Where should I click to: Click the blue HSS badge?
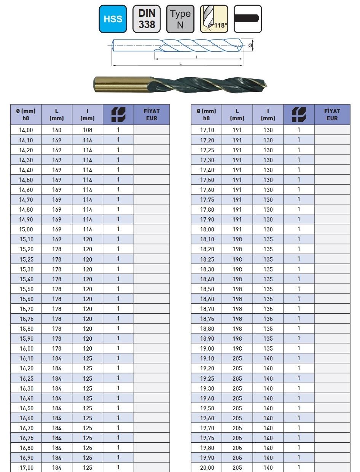[x=113, y=19]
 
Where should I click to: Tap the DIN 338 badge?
[x=147, y=19]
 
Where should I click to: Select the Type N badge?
[x=180, y=19]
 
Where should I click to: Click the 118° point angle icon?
[x=214, y=19]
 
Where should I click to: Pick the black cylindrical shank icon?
[x=247, y=19]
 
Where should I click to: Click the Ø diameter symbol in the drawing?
[x=250, y=45]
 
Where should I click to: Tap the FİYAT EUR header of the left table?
[x=151, y=115]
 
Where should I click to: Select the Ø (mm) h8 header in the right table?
[x=206, y=115]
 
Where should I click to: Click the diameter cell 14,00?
[x=26, y=130]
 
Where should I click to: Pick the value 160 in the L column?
[x=57, y=130]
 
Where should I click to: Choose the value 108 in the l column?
[x=88, y=130]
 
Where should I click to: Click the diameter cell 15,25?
[x=26, y=259]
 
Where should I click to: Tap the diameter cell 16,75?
[x=26, y=438]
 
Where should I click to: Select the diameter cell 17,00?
[x=26, y=467]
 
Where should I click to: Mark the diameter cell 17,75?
[x=207, y=199]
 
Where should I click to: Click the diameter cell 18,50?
[x=207, y=289]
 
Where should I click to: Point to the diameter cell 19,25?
[x=207, y=378]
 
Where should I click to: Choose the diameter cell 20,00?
[x=207, y=467]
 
